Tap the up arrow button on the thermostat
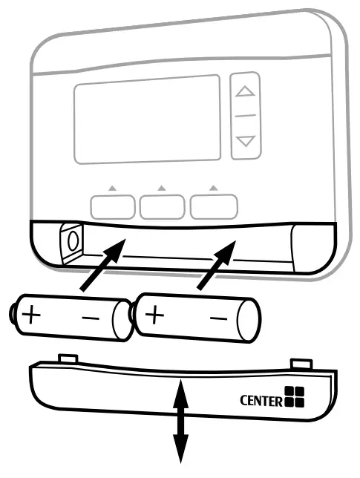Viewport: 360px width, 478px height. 245,94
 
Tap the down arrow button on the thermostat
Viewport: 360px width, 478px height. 245,140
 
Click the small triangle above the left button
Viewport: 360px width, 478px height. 111,189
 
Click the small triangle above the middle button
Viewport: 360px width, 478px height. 162,189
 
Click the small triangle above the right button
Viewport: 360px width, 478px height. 213,189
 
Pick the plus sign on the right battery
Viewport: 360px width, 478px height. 154,315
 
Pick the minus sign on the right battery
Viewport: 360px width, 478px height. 217,318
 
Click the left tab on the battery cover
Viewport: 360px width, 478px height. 68,358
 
